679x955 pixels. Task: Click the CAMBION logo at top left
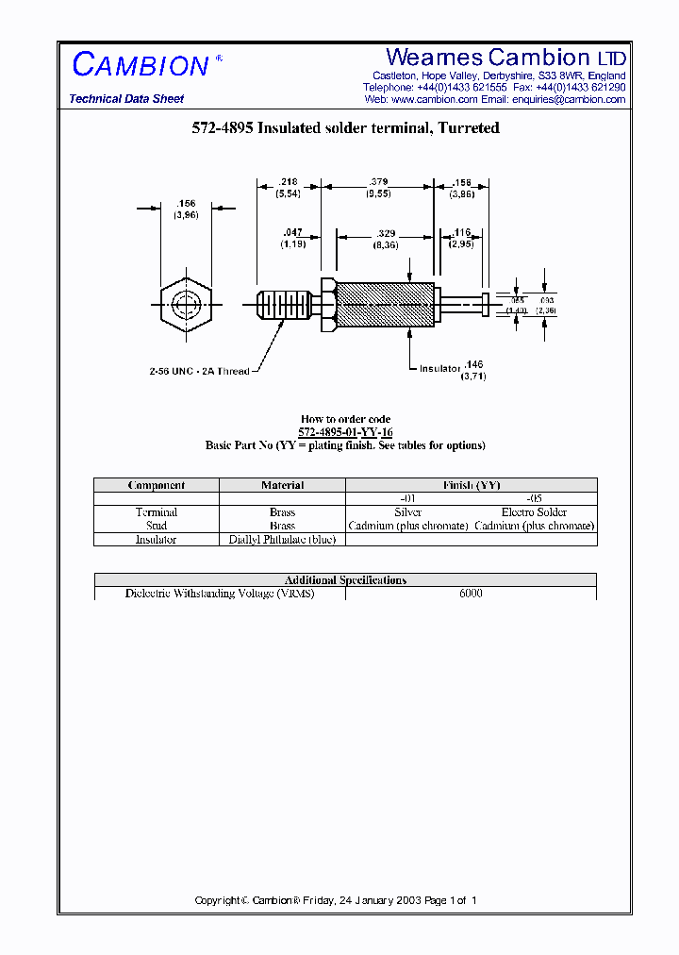pos(140,65)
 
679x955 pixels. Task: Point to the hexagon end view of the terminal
pos(185,304)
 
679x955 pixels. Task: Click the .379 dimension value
pos(378,181)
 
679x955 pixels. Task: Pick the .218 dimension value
pos(288,181)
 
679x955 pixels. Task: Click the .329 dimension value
pos(386,232)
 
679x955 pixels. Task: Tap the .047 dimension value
pos(293,232)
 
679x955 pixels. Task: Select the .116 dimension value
pos(460,232)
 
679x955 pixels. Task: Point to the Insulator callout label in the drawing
pos(439,368)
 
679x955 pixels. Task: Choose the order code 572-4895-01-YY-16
pos(345,432)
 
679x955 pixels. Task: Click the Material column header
pos(282,485)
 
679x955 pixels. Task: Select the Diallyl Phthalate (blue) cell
pos(282,540)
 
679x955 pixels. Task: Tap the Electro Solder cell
pos(534,512)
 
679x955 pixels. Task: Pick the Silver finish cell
pos(407,512)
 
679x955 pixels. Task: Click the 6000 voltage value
pos(471,594)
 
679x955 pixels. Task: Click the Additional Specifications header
pos(345,580)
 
